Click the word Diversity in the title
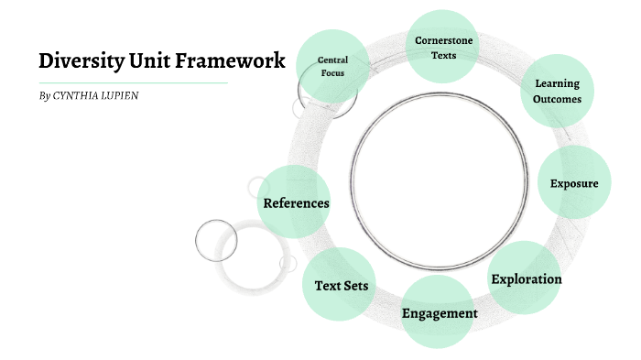80,61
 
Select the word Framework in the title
228,61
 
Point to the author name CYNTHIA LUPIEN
97,95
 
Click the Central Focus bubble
332,66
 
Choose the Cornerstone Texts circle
443,48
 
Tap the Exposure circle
574,183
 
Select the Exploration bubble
526,278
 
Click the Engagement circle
440,313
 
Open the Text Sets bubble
341,285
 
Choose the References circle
295,202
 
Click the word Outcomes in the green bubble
557,100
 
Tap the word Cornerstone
443,40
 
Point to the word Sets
356,285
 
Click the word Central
332,60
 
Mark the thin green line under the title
133,83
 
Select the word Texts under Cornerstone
443,55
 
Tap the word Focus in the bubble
332,72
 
